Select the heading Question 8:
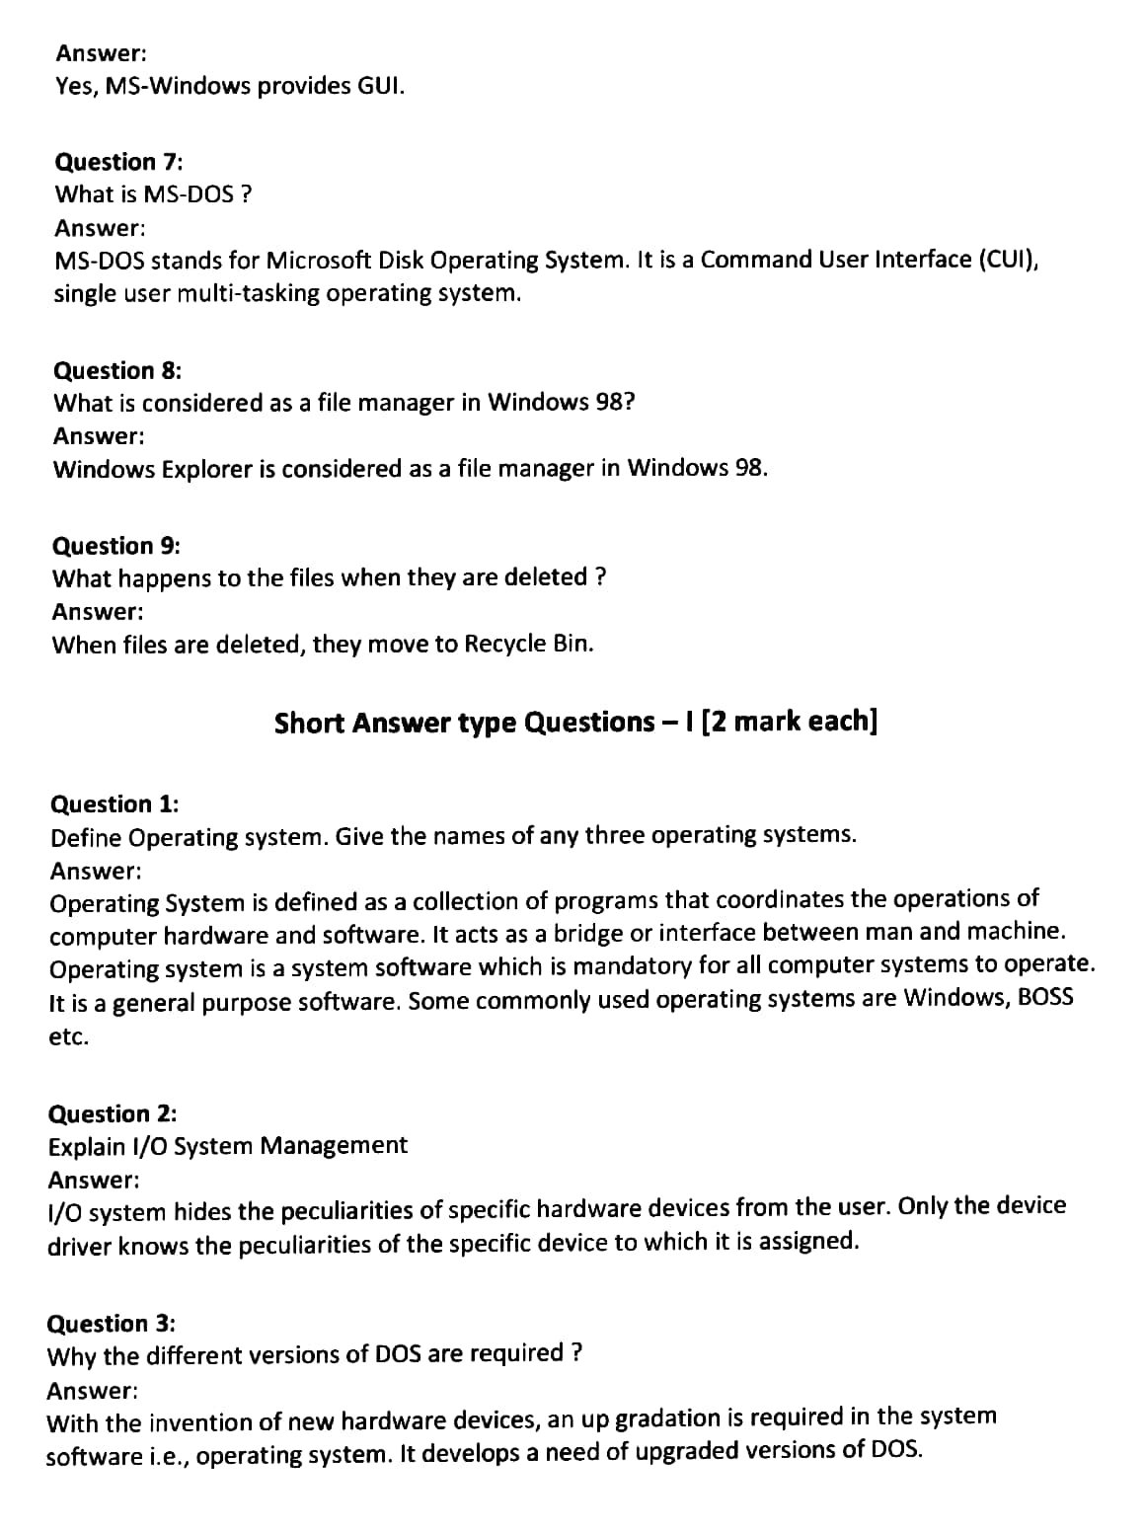pos(116,370)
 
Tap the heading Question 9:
pos(115,546)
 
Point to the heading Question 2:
pos(113,1113)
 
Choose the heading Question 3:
pos(112,1323)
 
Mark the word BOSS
pos(1044,998)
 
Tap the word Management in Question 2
pos(334,1145)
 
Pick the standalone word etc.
pos(68,1037)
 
